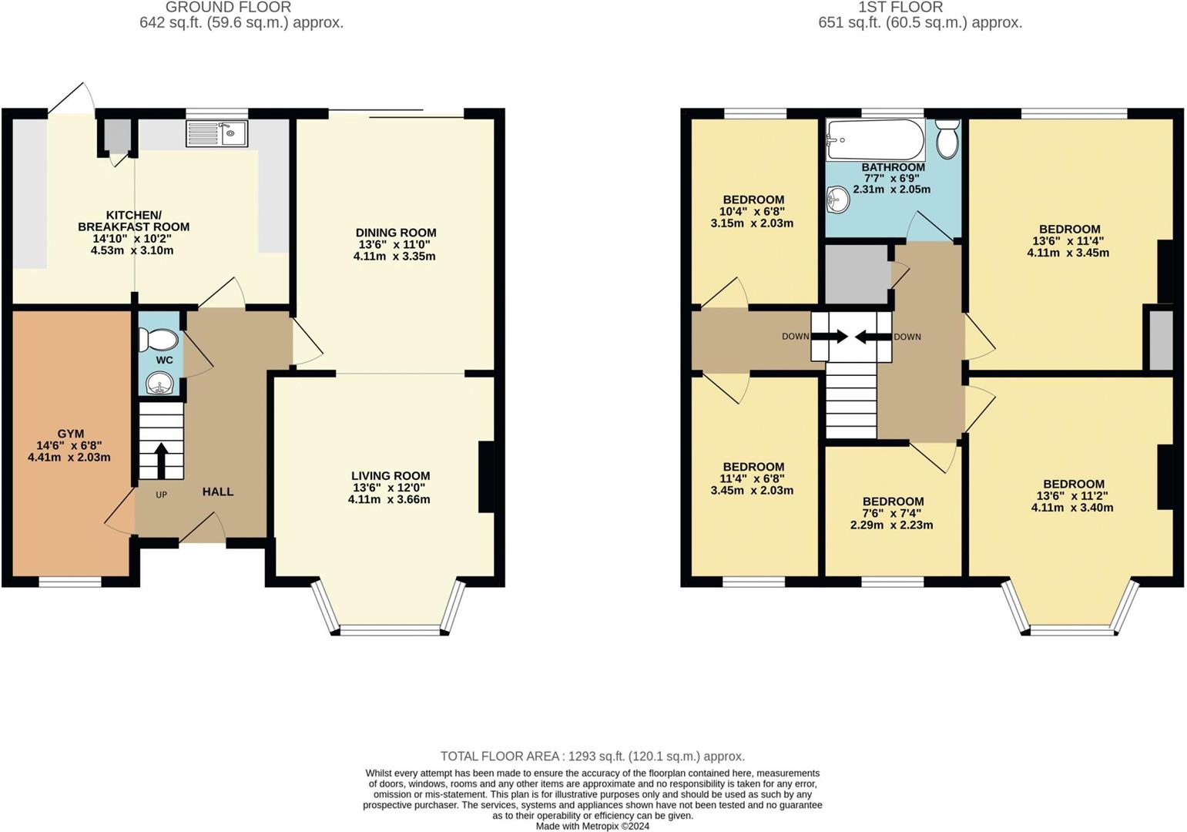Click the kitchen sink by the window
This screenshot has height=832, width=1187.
[x=216, y=133]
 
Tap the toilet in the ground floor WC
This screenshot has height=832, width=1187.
[x=158, y=340]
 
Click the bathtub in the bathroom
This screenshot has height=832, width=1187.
[x=875, y=139]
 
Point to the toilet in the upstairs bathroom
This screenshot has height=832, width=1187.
[x=947, y=139]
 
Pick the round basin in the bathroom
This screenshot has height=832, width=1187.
[x=838, y=200]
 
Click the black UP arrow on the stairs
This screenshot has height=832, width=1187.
[x=161, y=461]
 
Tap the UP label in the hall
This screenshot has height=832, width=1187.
[x=162, y=495]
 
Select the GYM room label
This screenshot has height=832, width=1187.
[x=70, y=434]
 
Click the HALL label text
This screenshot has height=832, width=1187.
[x=218, y=491]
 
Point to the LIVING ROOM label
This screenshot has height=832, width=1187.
[x=391, y=476]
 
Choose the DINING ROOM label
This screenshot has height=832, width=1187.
[x=396, y=233]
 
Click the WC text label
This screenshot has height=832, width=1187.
[x=164, y=361]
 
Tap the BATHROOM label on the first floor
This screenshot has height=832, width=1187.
[x=893, y=167]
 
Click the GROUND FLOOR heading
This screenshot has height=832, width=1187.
[x=229, y=8]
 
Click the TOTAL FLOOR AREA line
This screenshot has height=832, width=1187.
[x=592, y=757]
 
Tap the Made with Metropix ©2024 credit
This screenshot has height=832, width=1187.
[x=592, y=826]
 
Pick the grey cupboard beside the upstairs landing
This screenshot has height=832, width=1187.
[x=857, y=274]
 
